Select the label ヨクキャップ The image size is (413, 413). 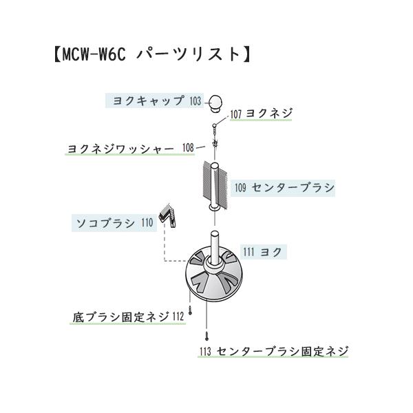click(148, 100)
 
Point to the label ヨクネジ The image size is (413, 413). click(269, 114)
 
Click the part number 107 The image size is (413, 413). click(237, 114)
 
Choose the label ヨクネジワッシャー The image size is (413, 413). click(120, 148)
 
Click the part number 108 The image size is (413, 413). click(188, 148)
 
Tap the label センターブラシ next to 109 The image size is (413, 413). click(293, 187)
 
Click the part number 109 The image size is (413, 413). click(240, 187)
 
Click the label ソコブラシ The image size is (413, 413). click(105, 222)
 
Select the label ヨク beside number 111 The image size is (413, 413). click(271, 253)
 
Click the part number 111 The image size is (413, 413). click(248, 253)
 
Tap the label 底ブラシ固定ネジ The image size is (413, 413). click(120, 317)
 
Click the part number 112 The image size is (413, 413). click(178, 317)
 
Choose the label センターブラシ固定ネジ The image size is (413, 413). click(282, 351)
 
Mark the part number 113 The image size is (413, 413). click(204, 352)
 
